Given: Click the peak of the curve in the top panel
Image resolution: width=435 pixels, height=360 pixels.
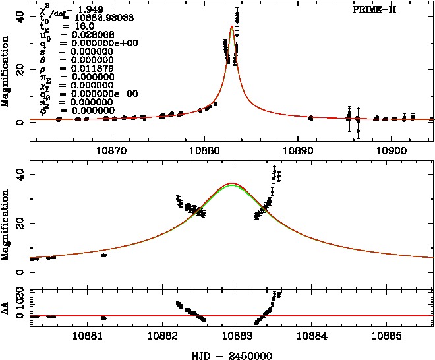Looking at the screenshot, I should pos(232,27).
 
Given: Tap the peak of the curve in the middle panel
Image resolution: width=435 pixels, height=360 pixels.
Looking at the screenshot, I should pos(231,183).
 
